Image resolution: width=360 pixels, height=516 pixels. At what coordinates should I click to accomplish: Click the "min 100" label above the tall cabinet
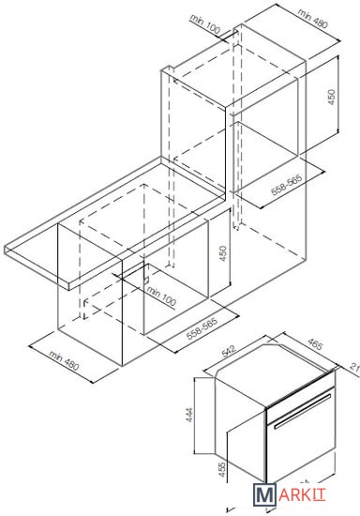point(204,24)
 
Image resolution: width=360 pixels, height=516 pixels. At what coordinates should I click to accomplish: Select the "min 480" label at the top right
point(313,18)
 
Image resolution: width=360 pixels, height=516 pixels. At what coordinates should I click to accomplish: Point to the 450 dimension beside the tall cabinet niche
point(332,97)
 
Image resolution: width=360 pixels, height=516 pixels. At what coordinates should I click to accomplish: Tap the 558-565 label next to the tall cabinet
point(286,185)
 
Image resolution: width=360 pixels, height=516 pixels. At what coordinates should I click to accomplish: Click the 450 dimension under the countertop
point(223,253)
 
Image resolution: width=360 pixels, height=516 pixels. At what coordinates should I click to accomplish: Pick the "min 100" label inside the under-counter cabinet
point(161,296)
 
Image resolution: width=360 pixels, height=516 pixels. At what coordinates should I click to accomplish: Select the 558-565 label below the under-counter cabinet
point(202,328)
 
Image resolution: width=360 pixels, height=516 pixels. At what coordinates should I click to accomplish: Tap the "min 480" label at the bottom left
point(64,360)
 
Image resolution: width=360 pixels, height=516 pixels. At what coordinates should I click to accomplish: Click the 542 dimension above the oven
point(229,351)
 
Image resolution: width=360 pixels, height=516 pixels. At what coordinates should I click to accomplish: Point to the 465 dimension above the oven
point(315,343)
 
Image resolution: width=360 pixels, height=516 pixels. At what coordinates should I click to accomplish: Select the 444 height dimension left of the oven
point(189,415)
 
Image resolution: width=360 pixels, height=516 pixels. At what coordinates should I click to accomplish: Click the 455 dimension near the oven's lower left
point(222,470)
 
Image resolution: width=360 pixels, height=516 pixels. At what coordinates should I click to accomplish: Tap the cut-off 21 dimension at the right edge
point(354,367)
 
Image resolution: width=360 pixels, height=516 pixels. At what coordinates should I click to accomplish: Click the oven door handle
point(303,411)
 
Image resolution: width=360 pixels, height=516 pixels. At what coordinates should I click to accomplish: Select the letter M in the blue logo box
point(264,493)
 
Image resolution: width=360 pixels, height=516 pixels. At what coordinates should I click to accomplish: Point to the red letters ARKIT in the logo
point(302,494)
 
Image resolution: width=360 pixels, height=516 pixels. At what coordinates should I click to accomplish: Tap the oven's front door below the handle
point(301,451)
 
